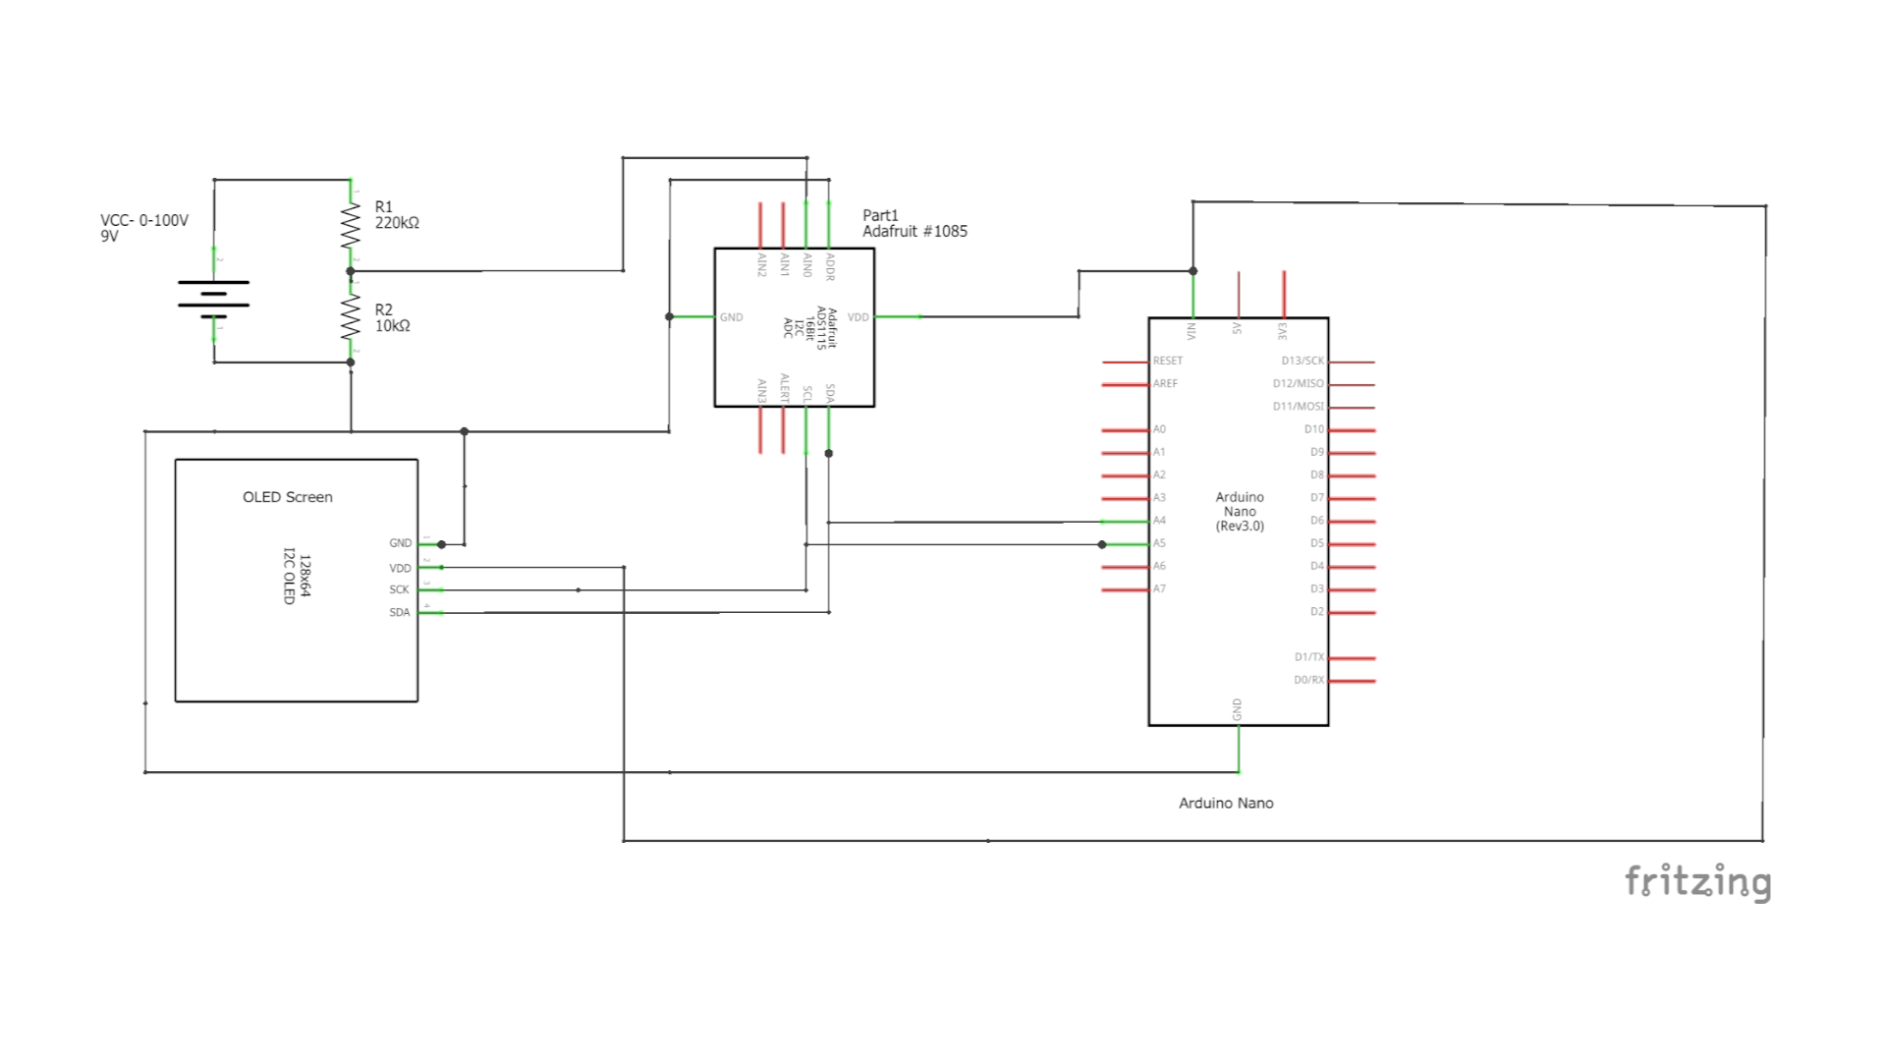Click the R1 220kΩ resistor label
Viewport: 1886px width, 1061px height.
click(x=397, y=215)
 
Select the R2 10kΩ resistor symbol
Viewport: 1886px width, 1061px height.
click(x=351, y=316)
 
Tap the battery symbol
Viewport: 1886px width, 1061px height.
click(x=213, y=299)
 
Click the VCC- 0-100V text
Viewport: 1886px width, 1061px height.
click(x=144, y=220)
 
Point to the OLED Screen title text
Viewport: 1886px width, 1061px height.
click(x=287, y=497)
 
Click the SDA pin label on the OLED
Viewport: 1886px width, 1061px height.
click(x=399, y=612)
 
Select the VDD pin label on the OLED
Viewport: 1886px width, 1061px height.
click(x=400, y=568)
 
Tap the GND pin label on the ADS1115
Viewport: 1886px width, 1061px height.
click(x=731, y=317)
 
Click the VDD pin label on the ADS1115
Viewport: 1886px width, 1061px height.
click(x=858, y=317)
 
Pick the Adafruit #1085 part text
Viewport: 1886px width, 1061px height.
click(x=915, y=231)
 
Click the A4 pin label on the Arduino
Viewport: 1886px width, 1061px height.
click(x=1159, y=521)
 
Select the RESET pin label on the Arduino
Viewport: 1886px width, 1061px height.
click(x=1167, y=361)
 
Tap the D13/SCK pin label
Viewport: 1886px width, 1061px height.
click(x=1302, y=361)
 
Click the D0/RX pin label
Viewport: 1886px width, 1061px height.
click(x=1307, y=680)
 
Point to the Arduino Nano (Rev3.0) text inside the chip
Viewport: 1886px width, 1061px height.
click(x=1240, y=511)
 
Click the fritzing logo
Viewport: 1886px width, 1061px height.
click(x=1697, y=881)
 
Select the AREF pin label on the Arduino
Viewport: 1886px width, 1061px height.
click(x=1165, y=383)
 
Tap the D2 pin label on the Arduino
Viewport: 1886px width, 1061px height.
click(x=1316, y=611)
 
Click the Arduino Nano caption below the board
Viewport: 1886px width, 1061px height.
click(x=1226, y=803)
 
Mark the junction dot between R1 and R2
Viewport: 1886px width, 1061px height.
click(x=351, y=271)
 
